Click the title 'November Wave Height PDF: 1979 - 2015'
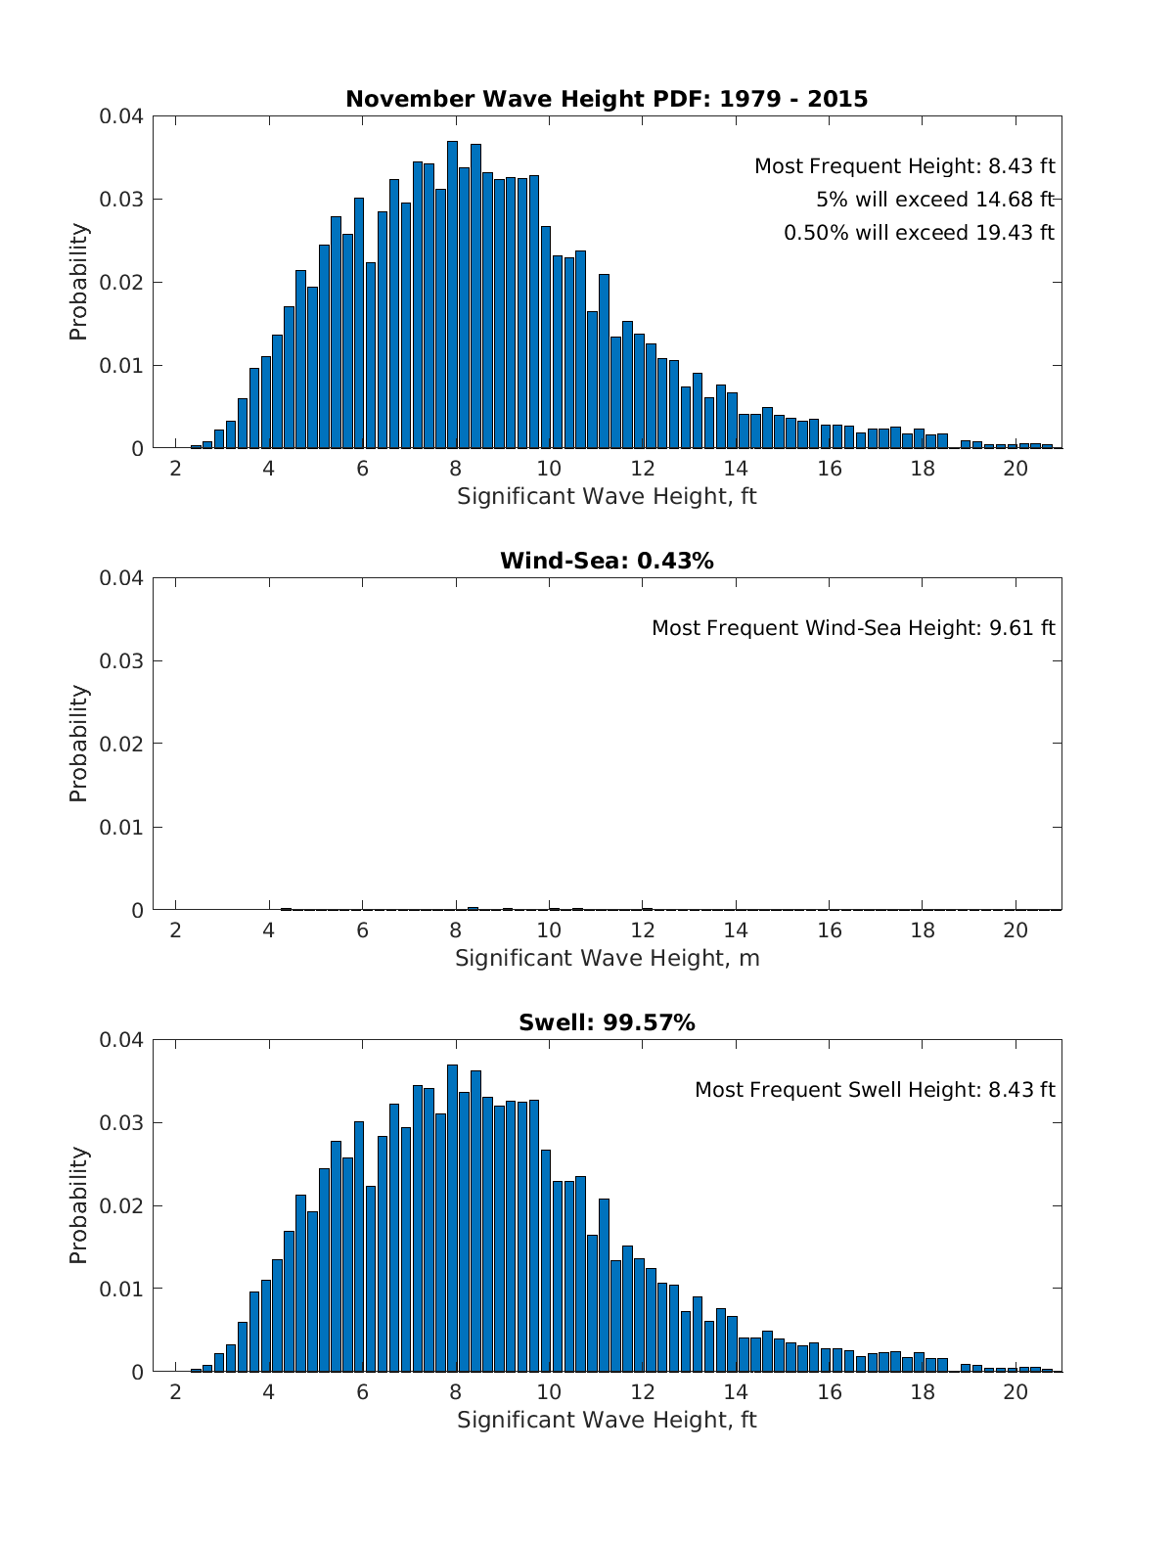coord(607,99)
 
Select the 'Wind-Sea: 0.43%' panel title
coord(607,561)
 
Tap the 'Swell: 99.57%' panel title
coord(607,1022)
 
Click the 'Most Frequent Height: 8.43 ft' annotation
coord(904,166)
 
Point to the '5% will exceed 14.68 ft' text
coord(934,200)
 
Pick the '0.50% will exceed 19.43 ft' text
coord(919,233)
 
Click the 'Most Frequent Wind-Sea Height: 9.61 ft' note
coord(853,628)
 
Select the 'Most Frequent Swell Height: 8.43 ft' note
coord(875,1090)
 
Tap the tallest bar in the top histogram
coord(452,294)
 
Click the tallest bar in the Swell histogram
coord(452,1218)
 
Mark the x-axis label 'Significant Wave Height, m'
coord(607,958)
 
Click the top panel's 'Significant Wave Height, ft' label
coord(607,496)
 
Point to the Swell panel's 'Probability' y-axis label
coord(78,1205)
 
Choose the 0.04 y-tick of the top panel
coord(120,116)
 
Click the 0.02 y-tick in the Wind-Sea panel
coord(120,744)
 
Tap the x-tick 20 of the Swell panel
coord(1016,1391)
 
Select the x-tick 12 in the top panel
coord(643,468)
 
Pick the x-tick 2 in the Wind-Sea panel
coord(175,929)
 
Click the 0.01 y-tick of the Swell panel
coord(120,1289)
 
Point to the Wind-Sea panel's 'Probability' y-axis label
coord(78,744)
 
